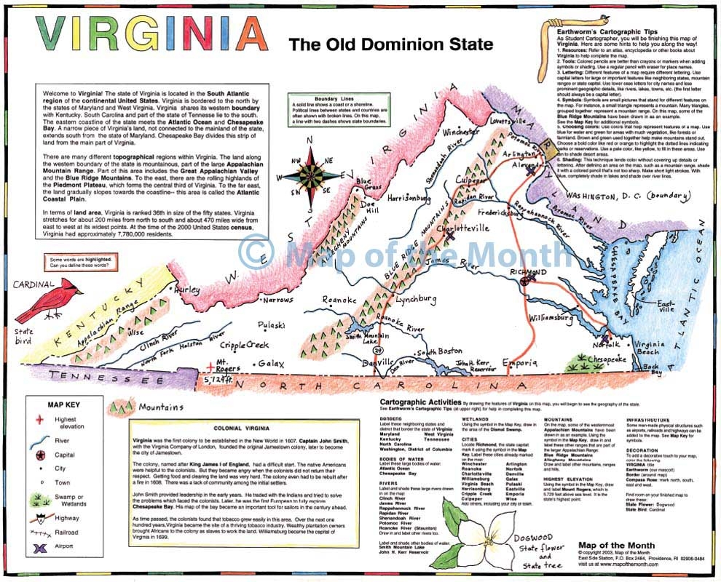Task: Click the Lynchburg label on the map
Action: [x=415, y=298]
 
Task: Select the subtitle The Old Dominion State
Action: [x=390, y=44]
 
